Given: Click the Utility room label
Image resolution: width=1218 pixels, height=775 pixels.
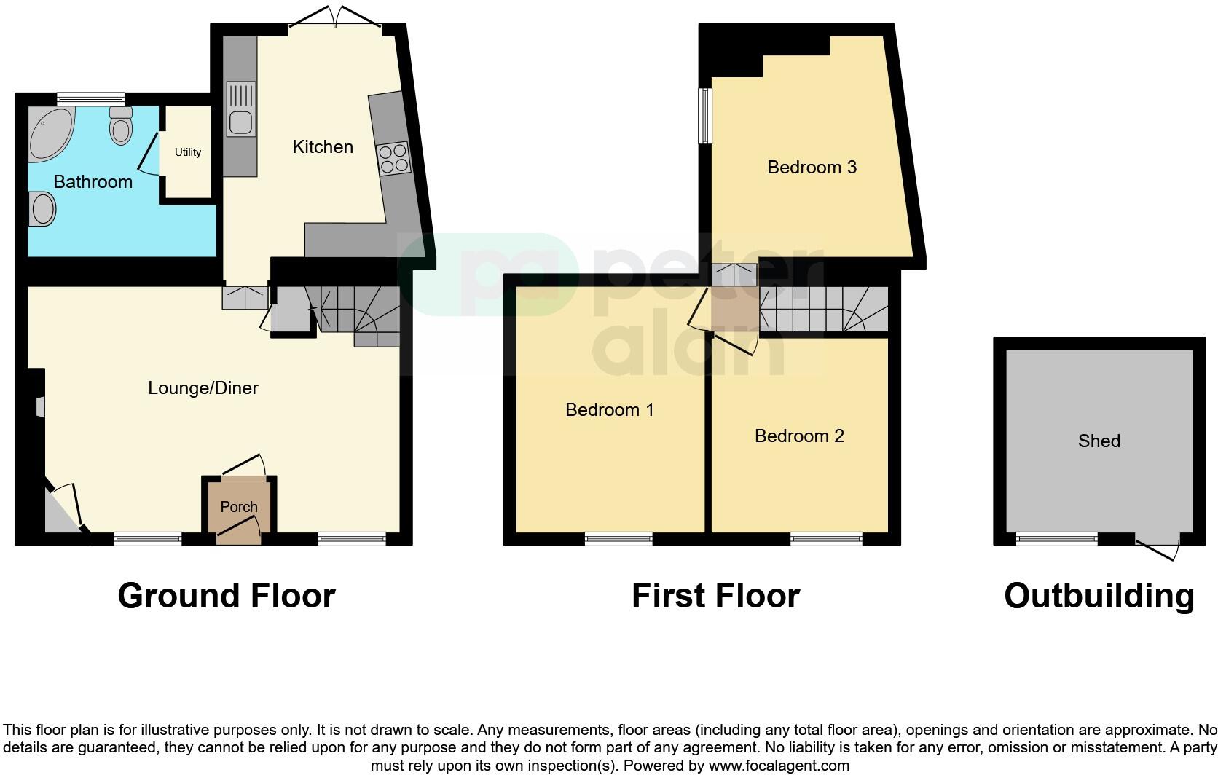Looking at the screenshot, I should click(187, 152).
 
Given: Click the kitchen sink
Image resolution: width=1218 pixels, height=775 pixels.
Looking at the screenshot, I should click(241, 109).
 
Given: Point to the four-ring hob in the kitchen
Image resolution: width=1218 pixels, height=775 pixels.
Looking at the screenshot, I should click(393, 158).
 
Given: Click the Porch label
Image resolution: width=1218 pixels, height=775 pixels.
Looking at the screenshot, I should click(239, 507).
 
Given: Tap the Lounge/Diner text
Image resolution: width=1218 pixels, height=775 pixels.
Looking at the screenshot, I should click(203, 388).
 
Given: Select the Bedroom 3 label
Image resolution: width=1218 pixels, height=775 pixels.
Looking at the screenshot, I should click(812, 168).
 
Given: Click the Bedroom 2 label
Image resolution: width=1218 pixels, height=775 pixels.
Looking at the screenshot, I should click(799, 436).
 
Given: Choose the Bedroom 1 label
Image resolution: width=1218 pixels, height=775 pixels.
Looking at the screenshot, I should click(609, 410).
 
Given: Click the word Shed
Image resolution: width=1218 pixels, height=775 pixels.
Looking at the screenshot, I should click(1099, 441).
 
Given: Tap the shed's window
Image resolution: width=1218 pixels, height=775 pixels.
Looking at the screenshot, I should click(1056, 539).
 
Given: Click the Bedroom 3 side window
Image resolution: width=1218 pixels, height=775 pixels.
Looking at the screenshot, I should click(704, 116).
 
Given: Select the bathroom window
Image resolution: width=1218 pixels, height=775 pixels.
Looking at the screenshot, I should click(91, 98).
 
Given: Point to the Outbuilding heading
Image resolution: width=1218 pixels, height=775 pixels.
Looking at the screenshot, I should click(1099, 596).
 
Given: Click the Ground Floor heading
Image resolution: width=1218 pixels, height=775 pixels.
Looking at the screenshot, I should click(226, 596).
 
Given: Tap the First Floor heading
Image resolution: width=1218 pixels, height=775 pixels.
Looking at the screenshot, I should click(715, 596).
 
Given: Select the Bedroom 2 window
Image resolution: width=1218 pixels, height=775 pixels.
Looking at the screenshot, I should click(826, 539).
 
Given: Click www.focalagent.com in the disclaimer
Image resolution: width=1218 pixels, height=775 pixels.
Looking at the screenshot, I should click(778, 766).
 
